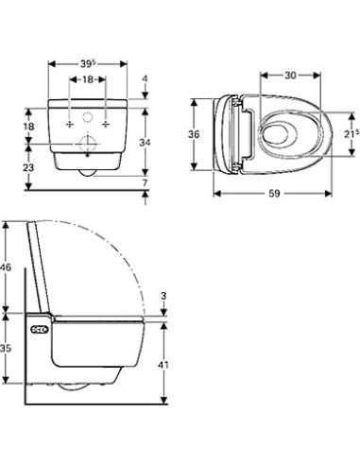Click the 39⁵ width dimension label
88,63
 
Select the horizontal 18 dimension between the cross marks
88,79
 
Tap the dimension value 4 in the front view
145,78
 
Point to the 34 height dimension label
145,143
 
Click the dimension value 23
28,167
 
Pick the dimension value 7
145,182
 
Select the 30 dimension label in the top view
290,76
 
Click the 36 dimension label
194,134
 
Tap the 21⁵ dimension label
351,134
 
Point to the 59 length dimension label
274,193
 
